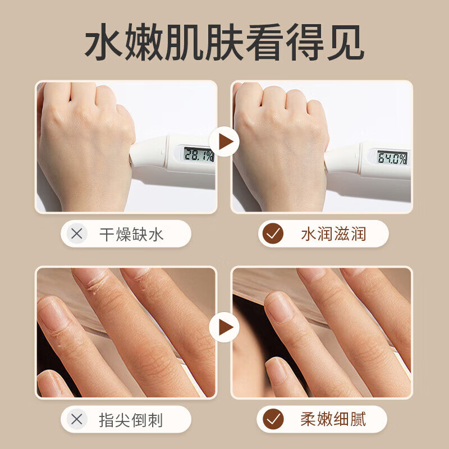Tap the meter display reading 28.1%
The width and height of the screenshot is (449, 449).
199,154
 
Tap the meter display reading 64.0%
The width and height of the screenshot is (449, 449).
391,158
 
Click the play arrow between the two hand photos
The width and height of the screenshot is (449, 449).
224,143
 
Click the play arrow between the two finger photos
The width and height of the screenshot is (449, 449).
224,327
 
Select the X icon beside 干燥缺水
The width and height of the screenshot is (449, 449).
77,233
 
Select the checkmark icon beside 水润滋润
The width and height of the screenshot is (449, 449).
273,233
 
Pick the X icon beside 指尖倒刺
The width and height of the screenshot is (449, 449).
77,419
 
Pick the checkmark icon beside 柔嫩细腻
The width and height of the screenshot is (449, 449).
273,419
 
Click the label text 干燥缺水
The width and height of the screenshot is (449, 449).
131,234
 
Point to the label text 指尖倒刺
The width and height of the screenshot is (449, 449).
131,419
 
